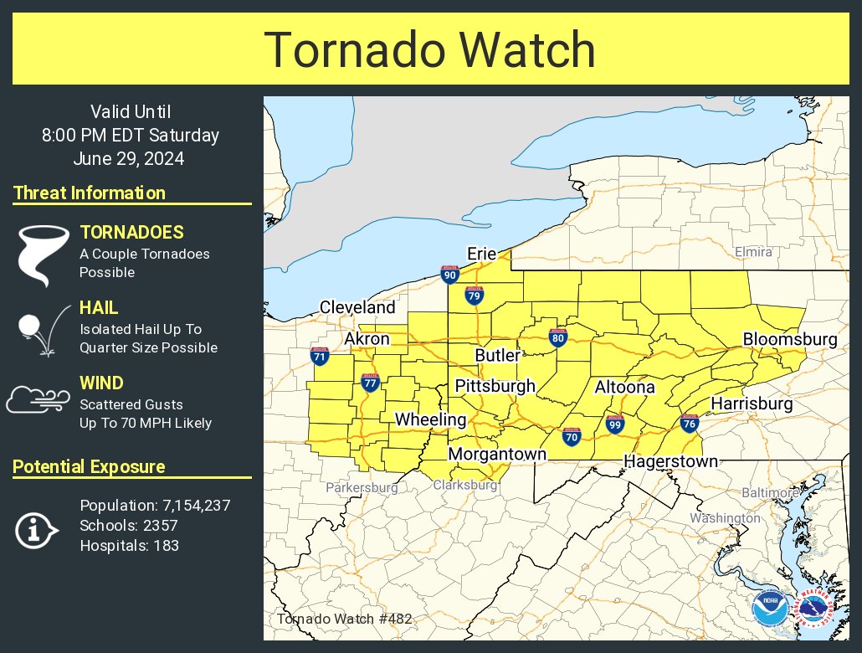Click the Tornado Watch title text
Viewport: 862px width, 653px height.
coord(430,50)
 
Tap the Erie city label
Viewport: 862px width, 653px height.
coord(482,254)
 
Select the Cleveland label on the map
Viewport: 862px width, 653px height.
coord(357,307)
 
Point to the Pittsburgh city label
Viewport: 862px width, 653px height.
coord(495,386)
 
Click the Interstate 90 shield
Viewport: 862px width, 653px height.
coord(449,275)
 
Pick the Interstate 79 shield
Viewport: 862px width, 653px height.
coord(475,295)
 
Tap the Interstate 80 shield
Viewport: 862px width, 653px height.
coord(557,337)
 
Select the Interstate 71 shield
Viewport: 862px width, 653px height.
coord(319,356)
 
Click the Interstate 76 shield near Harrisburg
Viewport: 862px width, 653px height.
coord(690,424)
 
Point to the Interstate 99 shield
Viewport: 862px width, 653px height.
coord(615,424)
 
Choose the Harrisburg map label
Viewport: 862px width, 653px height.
coord(751,404)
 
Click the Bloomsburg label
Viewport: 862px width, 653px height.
coord(789,339)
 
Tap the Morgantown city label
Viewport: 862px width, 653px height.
coord(496,454)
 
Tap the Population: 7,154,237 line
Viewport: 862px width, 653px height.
coord(155,506)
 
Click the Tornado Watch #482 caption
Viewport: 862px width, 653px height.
coord(344,619)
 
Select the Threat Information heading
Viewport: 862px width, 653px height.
coord(90,193)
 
